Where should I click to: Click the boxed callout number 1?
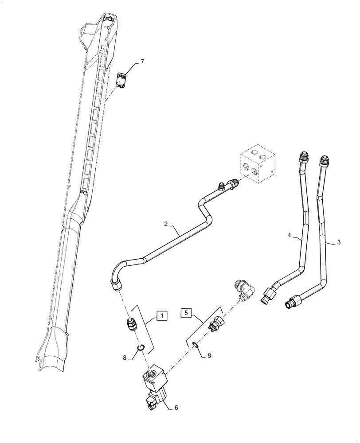point(162,316)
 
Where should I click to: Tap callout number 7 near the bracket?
point(142,62)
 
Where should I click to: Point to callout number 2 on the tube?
point(165,225)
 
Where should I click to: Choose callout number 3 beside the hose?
point(339,242)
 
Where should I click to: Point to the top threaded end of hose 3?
point(324,159)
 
